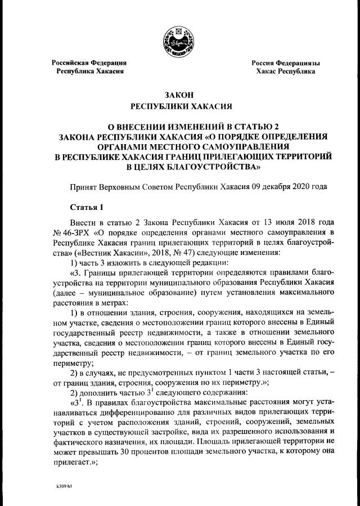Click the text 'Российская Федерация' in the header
point(89,63)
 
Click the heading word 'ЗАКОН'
point(180,95)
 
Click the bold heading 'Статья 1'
point(84,207)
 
